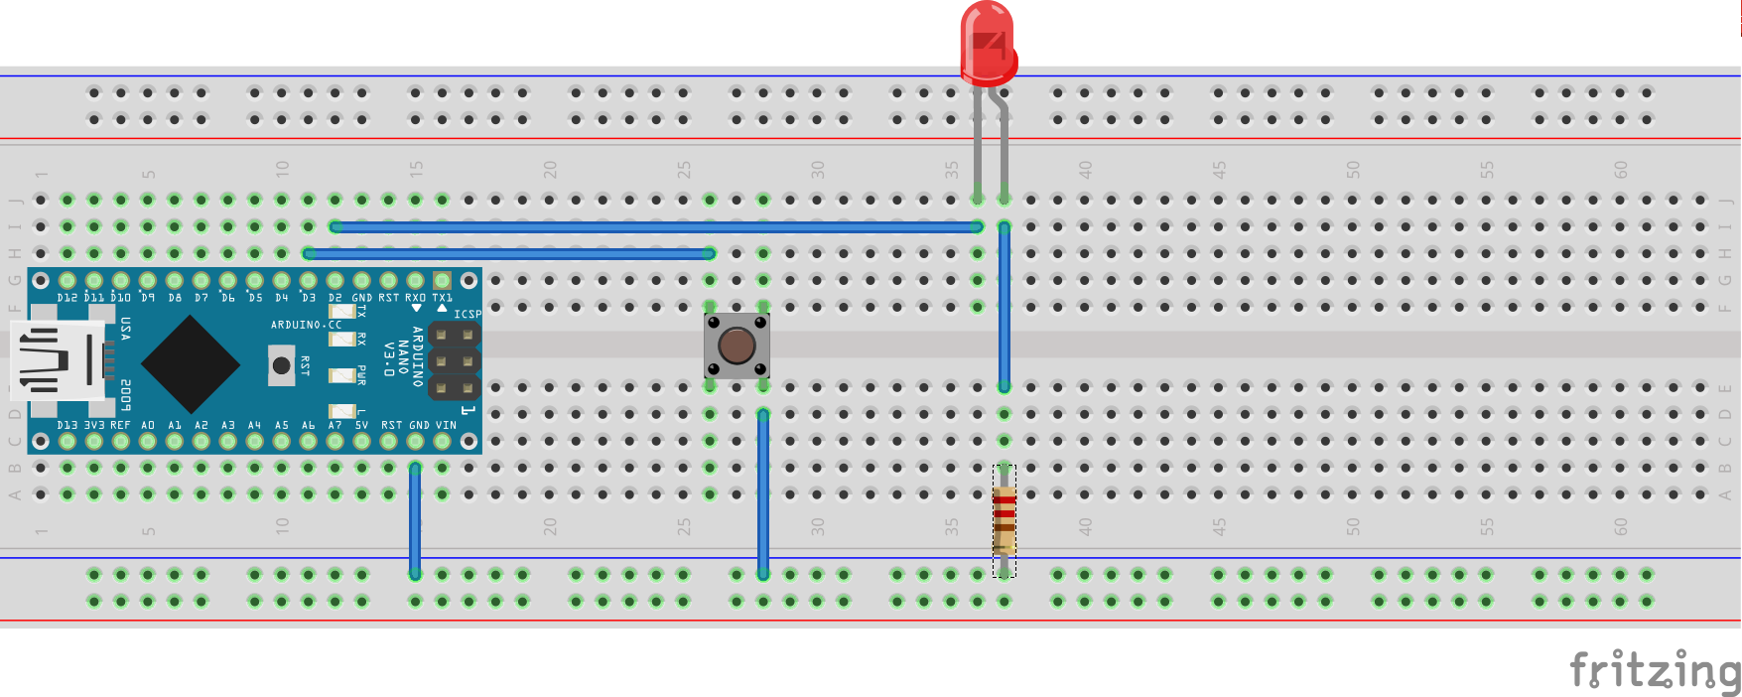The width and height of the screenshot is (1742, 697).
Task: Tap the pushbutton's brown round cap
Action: pyautogui.click(x=737, y=346)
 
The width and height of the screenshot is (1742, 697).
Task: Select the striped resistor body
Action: pyautogui.click(x=1005, y=520)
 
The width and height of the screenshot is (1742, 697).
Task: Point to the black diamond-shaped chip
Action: pyautogui.click(x=191, y=362)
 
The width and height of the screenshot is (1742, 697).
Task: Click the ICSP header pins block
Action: pyautogui.click(x=454, y=360)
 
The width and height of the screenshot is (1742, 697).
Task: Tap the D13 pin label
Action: pyautogui.click(x=67, y=425)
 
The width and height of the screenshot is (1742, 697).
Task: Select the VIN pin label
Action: pyautogui.click(x=446, y=425)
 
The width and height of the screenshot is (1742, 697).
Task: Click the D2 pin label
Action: pyautogui.click(x=335, y=298)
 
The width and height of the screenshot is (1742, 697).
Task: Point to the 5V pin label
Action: pyautogui.click(x=361, y=425)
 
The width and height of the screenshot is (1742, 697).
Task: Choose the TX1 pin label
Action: pyautogui.click(x=442, y=298)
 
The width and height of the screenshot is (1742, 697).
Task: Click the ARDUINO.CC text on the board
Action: pyautogui.click(x=306, y=325)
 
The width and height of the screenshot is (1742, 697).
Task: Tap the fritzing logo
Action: pyautogui.click(x=1653, y=670)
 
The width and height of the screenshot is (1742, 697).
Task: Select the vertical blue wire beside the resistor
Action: pyautogui.click(x=1005, y=308)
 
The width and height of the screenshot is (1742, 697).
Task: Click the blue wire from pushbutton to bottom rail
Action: pyautogui.click(x=763, y=491)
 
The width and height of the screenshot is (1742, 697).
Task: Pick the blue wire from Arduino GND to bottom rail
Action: pyautogui.click(x=415, y=521)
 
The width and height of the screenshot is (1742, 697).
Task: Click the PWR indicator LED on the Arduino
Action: pyautogui.click(x=342, y=375)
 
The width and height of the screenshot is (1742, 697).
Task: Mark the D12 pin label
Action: pyautogui.click(x=67, y=298)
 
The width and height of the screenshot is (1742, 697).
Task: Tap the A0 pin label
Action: pyautogui.click(x=148, y=425)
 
